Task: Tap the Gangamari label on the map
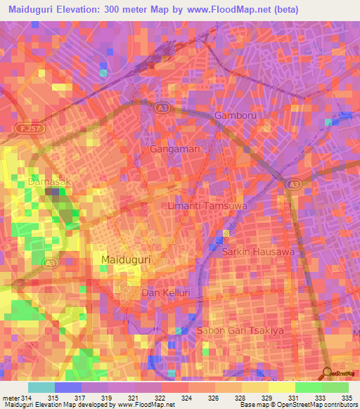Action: click(x=176, y=149)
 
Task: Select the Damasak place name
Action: click(x=50, y=181)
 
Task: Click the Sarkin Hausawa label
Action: click(x=253, y=251)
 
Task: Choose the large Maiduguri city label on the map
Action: click(x=127, y=260)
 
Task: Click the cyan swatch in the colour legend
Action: click(x=41, y=387)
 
